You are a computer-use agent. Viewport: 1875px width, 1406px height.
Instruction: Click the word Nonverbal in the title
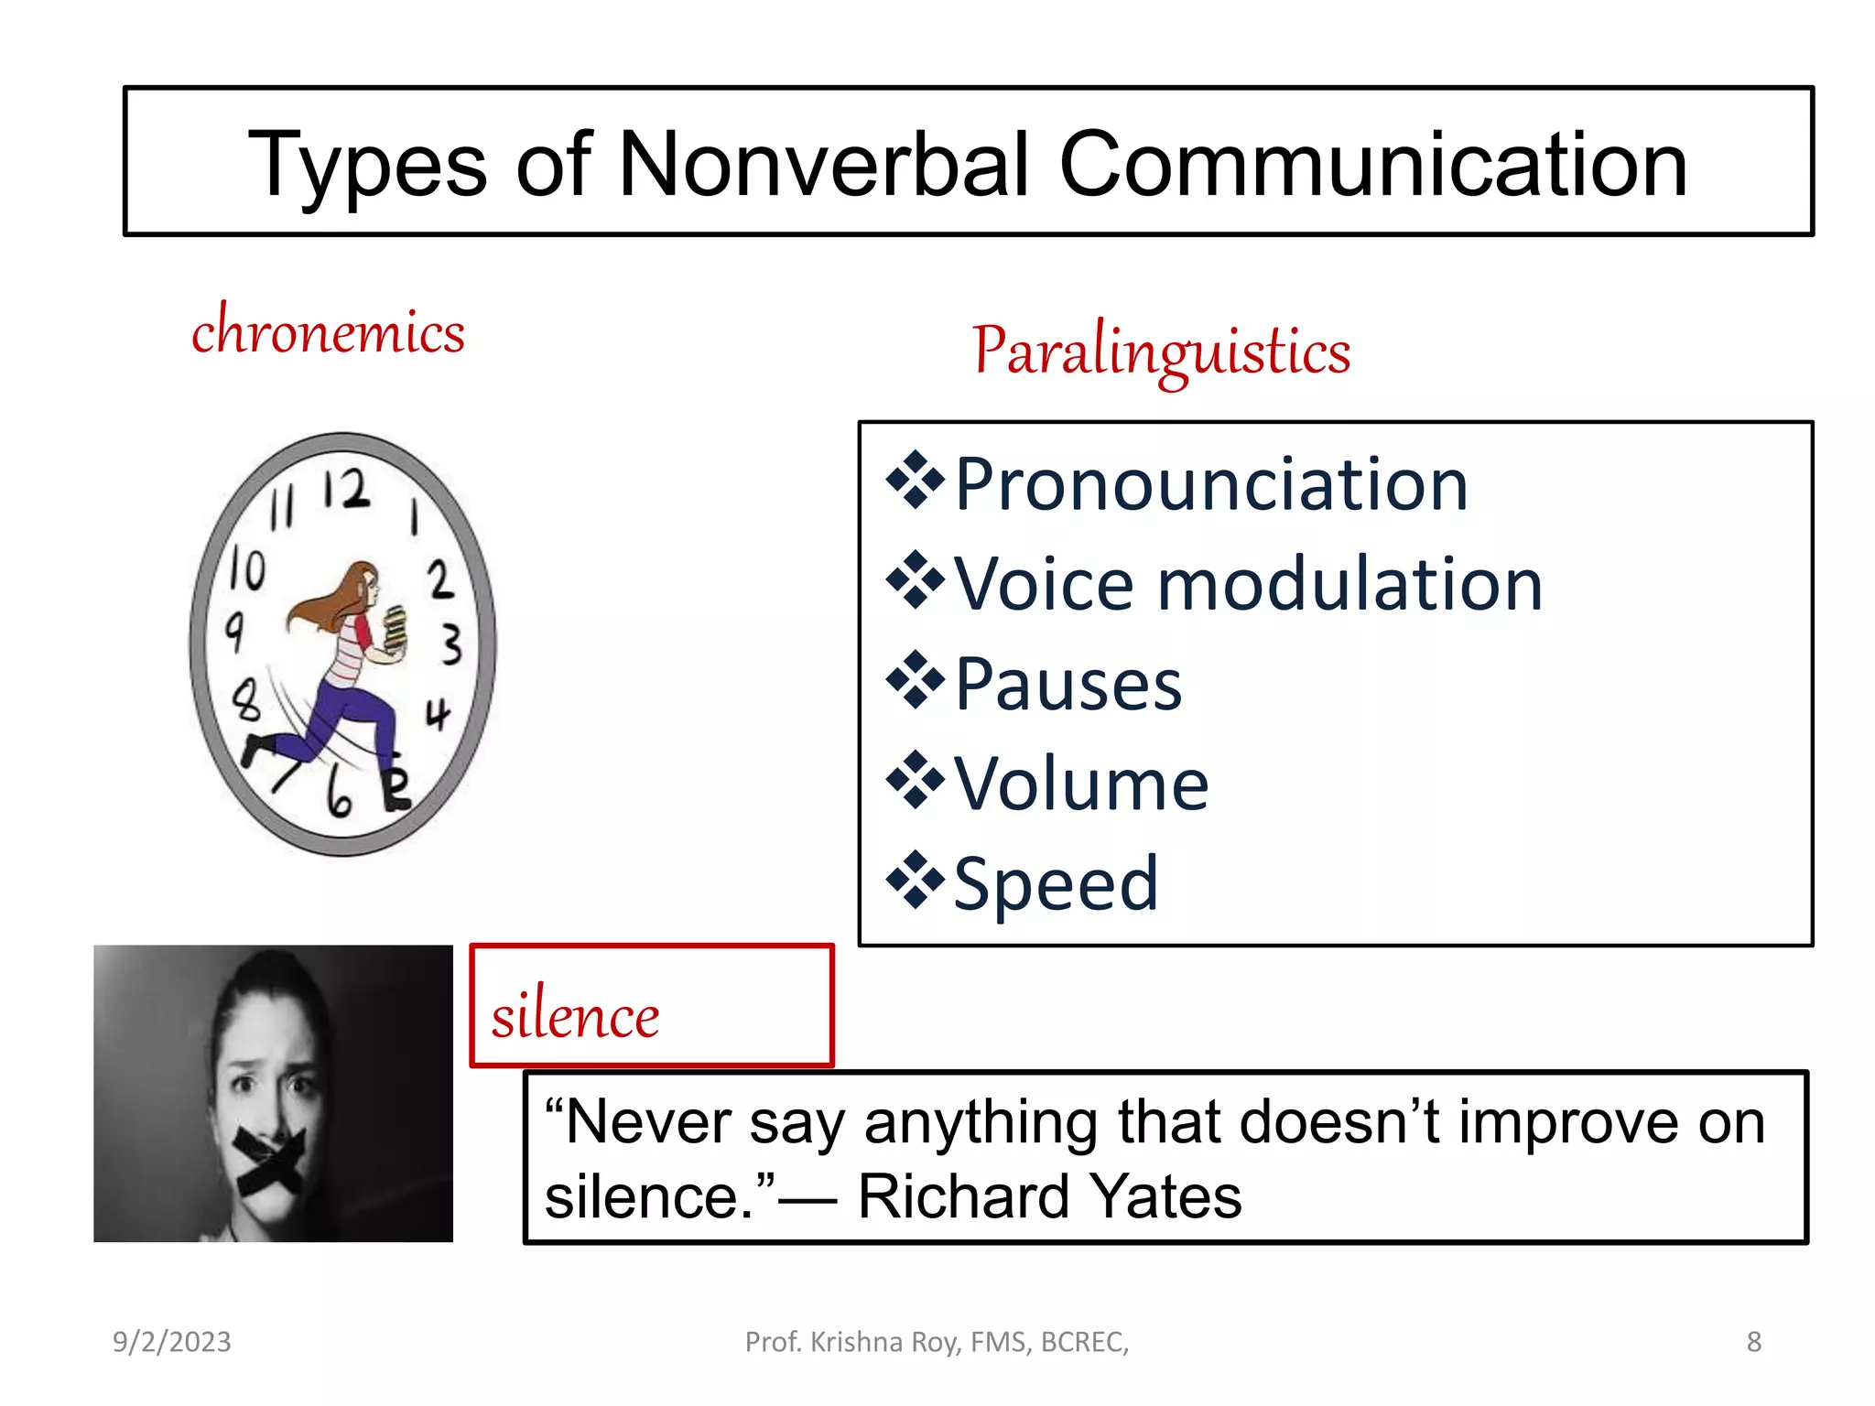824,165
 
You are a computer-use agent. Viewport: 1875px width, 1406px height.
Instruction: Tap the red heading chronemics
328,331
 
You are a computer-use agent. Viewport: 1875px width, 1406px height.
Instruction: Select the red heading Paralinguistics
1161,351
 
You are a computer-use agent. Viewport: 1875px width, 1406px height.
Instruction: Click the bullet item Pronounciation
1210,484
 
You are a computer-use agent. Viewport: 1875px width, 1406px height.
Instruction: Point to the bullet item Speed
1056,883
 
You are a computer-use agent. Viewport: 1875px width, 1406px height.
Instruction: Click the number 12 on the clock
346,490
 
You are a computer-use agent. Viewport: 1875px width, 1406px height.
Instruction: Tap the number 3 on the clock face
451,644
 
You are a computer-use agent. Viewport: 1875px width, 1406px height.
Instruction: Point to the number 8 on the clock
245,702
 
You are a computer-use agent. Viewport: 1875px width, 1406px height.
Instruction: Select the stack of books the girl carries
395,628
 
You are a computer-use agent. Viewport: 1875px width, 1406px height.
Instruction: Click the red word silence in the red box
575,1016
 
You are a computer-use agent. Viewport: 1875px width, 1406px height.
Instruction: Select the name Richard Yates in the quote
1049,1196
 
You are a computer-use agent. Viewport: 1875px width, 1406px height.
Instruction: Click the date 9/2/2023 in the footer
172,1342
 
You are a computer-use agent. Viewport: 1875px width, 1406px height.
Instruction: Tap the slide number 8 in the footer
1753,1342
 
